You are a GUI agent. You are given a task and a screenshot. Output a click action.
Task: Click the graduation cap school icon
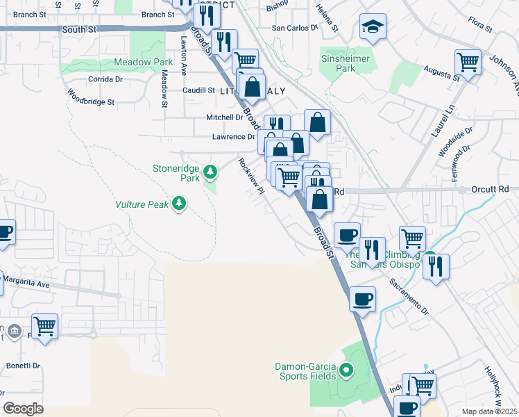373,28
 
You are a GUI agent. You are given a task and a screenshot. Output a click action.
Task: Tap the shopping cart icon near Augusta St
468,62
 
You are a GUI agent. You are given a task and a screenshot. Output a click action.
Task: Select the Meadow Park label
143,62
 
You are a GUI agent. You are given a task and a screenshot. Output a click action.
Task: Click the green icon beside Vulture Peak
180,203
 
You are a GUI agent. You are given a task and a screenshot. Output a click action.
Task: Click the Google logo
24,408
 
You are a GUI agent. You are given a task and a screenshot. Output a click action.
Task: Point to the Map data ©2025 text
489,411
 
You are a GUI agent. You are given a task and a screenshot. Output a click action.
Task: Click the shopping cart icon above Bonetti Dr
44,325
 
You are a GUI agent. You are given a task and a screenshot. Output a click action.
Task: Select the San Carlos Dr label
293,28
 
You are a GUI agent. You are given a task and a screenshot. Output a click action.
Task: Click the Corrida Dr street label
105,79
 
